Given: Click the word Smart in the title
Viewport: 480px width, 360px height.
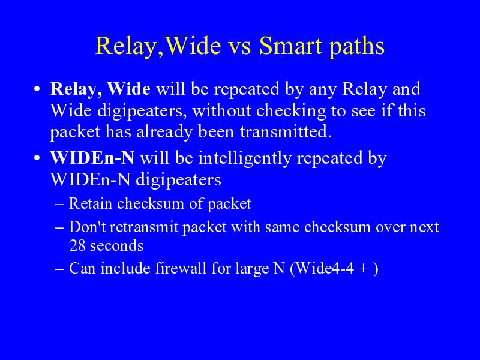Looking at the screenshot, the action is pyautogui.click(x=291, y=46).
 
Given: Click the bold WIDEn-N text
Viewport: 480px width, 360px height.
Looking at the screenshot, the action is pyautogui.click(x=92, y=158).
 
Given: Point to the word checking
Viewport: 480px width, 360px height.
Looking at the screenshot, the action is pyautogui.click(x=291, y=112).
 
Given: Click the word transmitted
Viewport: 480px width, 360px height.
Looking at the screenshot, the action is pyautogui.click(x=286, y=132).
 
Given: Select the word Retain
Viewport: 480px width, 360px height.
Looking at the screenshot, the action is pyautogui.click(x=91, y=203).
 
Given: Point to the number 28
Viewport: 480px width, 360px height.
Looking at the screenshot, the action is pyautogui.click(x=77, y=245).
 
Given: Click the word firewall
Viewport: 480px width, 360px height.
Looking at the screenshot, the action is pyautogui.click(x=181, y=268).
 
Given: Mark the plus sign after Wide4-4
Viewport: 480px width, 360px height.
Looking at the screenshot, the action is pyautogui.click(x=364, y=269).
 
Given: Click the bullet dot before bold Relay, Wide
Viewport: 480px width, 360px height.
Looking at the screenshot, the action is pyautogui.click(x=37, y=89).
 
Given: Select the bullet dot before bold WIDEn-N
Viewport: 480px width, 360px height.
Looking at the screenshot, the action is pyautogui.click(x=37, y=158).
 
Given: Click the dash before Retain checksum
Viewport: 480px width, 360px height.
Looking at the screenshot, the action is pyautogui.click(x=59, y=205).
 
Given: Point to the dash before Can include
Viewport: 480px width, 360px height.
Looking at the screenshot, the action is pyautogui.click(x=59, y=269).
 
